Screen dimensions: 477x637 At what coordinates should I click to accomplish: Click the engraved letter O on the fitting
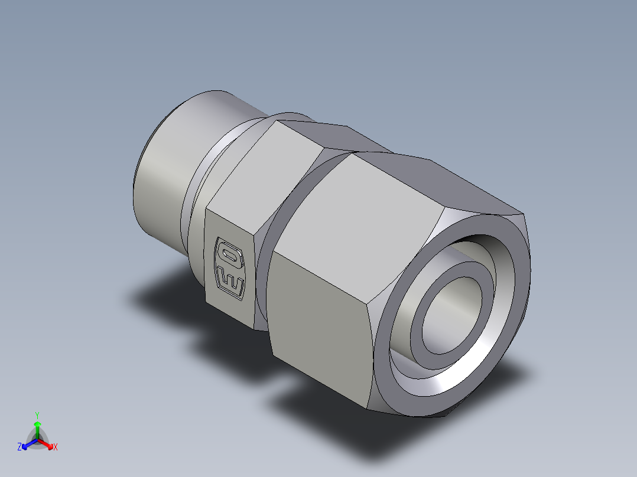click(x=229, y=253)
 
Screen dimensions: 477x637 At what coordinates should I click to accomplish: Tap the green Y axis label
click(x=37, y=414)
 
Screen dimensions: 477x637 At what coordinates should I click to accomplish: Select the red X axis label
click(x=56, y=447)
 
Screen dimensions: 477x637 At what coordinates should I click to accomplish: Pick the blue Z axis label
click(x=19, y=447)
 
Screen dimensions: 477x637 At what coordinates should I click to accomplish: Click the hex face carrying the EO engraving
click(x=230, y=266)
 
